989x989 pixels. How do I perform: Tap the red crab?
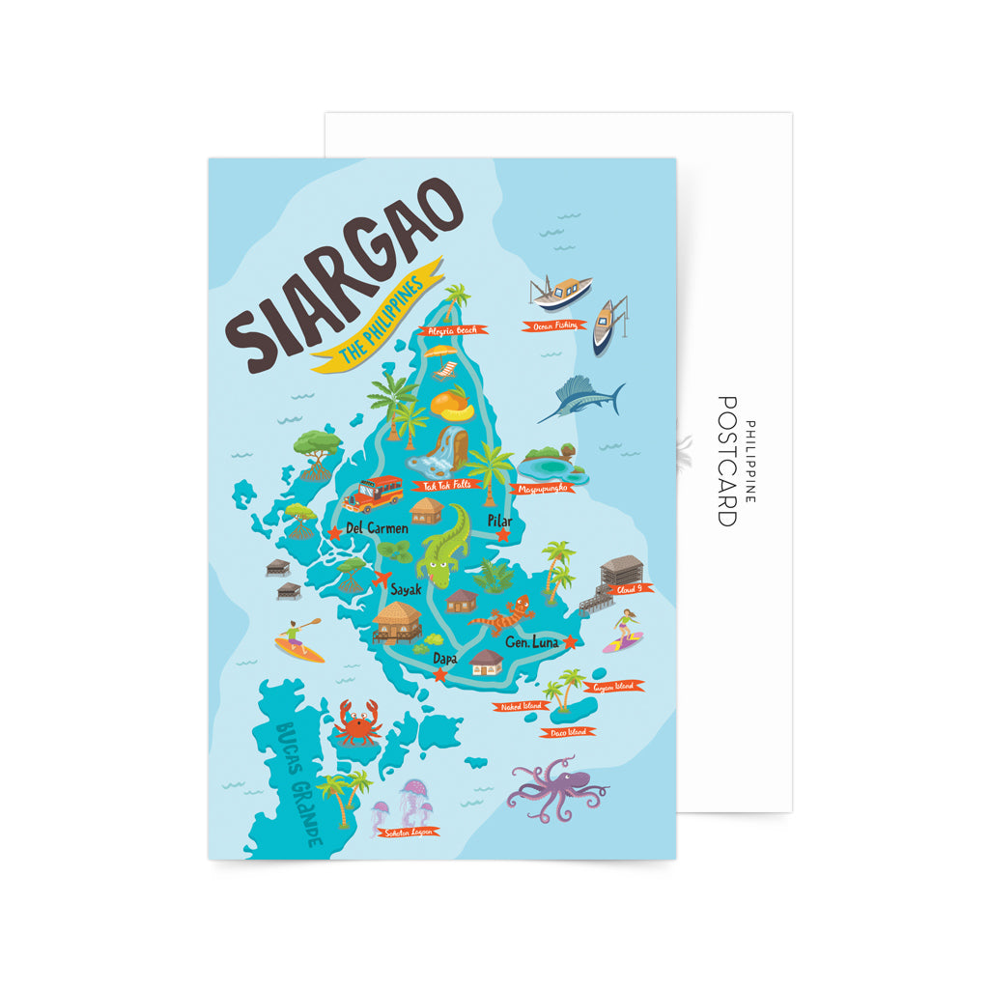[357, 723]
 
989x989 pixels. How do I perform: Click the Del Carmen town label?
[377, 528]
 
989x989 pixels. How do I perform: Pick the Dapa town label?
[445, 658]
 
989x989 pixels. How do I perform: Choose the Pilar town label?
[499, 521]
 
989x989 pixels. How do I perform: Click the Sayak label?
[406, 588]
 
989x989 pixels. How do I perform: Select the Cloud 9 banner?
[631, 588]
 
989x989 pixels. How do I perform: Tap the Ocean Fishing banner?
[555, 325]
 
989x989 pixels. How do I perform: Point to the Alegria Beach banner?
[454, 330]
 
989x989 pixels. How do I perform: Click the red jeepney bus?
[373, 494]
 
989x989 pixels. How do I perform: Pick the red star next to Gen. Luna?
[570, 641]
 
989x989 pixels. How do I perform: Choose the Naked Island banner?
[522, 706]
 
